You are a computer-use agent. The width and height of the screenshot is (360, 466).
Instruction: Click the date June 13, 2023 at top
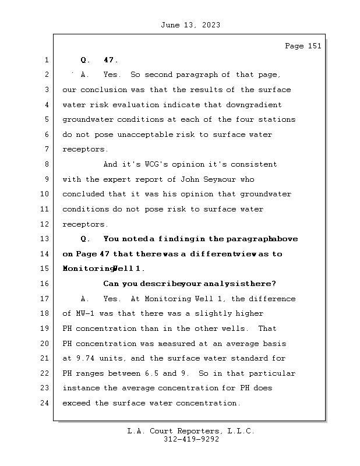[x=190, y=25]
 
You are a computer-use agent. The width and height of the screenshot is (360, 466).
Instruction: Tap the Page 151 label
[x=302, y=46]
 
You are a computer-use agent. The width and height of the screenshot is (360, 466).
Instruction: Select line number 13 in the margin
[x=45, y=239]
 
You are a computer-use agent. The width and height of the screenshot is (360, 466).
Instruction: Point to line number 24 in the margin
[x=45, y=403]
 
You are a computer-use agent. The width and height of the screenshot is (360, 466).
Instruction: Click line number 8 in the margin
[x=45, y=164]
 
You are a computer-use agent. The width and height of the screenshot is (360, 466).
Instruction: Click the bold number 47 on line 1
[x=110, y=60]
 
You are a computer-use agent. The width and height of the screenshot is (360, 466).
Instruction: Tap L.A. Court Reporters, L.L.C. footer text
[x=190, y=432]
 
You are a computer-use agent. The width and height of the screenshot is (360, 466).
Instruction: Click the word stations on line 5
[x=277, y=119]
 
